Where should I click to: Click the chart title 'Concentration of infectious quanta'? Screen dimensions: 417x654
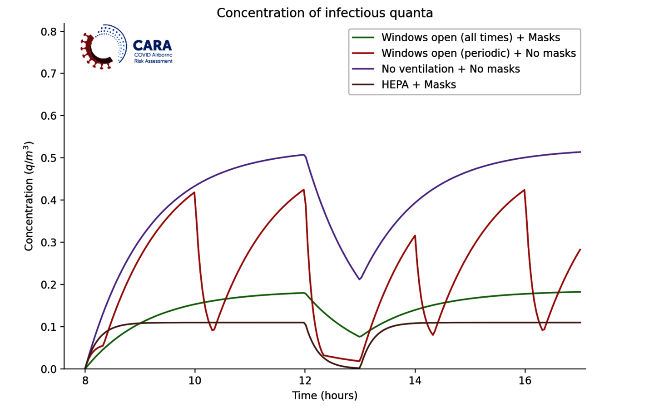(325, 13)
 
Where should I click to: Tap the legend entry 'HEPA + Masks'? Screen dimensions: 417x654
(418, 85)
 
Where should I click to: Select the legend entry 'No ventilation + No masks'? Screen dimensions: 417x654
(451, 69)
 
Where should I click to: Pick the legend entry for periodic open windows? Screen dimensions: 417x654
(478, 54)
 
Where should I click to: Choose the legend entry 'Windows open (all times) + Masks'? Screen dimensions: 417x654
(471, 38)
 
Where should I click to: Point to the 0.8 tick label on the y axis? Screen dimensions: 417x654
(49, 32)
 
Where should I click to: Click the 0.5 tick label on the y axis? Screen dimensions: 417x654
(49, 158)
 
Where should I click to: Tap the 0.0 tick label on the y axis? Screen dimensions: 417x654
(49, 369)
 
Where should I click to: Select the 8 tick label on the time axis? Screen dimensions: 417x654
(85, 381)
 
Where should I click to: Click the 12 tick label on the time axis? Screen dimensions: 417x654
(305, 381)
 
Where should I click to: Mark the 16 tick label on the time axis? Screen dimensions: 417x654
(525, 381)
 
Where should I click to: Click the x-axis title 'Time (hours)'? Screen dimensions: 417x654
(325, 396)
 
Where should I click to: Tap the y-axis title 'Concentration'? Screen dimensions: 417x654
(29, 196)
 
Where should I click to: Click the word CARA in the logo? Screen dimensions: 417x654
(152, 46)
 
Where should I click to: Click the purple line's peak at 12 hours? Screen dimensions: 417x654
(303, 155)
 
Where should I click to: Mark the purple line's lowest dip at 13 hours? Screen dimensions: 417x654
(360, 279)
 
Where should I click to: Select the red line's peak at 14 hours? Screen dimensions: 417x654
(415, 235)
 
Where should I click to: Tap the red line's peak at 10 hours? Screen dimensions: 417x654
(194, 192)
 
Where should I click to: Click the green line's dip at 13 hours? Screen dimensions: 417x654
(360, 337)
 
